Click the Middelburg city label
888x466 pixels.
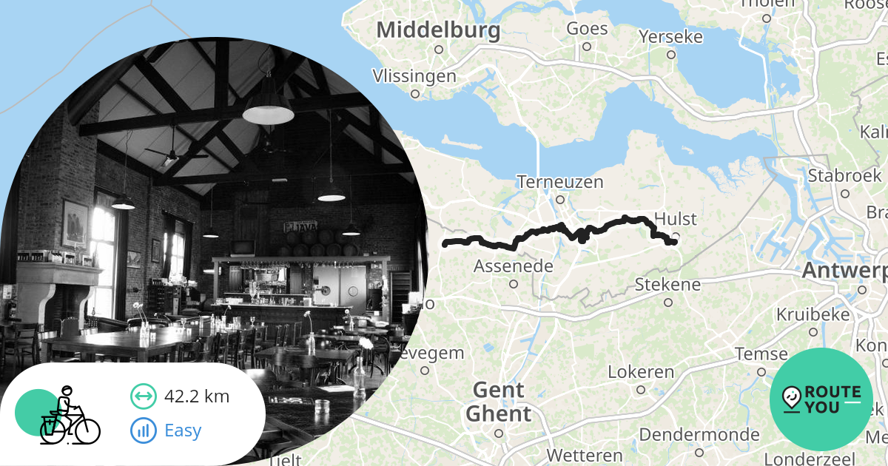(438, 31)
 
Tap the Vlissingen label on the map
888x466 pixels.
(414, 76)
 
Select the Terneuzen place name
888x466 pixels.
(560, 182)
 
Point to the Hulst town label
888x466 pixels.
(676, 220)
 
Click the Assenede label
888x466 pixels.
(513, 266)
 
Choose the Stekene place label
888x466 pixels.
(667, 285)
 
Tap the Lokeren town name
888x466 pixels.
(641, 371)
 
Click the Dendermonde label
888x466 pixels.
(699, 434)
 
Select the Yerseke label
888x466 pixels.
(670, 36)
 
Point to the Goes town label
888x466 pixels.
(587, 29)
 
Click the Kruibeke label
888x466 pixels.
(813, 314)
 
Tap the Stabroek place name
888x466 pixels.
(844, 176)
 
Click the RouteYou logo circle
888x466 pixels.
(821, 399)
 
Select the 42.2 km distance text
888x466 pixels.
(197, 396)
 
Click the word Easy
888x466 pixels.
(183, 430)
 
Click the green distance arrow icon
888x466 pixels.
(144, 396)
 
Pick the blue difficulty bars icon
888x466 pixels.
(144, 430)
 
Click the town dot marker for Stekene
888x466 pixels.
(668, 302)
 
